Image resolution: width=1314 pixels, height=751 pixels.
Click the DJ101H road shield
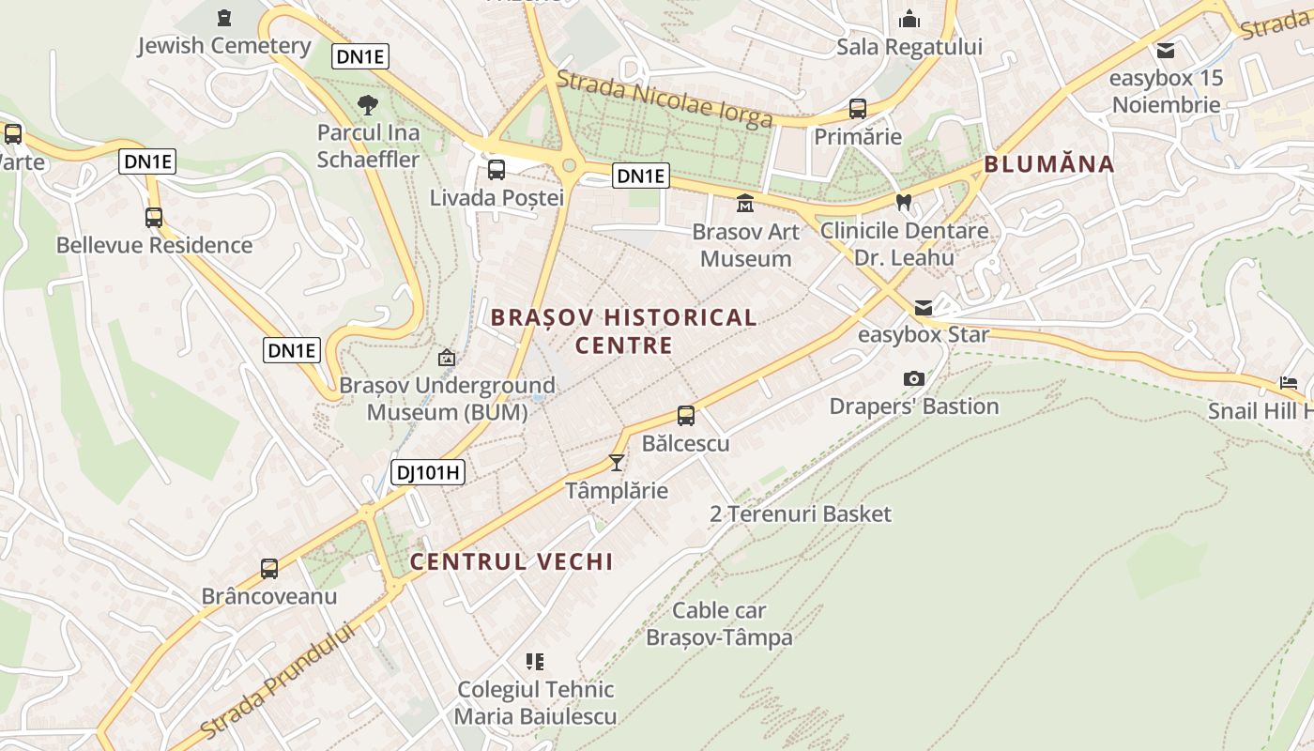point(427,472)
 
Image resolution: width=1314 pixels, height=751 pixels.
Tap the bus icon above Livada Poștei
point(497,170)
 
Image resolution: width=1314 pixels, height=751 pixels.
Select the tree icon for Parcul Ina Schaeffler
point(368,104)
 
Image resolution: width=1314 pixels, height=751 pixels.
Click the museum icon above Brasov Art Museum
point(745,203)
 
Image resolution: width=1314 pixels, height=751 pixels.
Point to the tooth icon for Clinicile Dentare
point(904,202)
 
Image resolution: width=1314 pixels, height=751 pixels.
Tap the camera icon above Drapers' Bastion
point(914,378)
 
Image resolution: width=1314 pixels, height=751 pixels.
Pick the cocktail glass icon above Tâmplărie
point(617,462)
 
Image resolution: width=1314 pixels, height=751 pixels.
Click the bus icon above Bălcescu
point(686,415)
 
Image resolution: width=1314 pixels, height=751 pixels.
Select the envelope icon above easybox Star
point(924,307)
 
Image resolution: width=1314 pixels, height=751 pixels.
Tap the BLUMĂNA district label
point(1048,165)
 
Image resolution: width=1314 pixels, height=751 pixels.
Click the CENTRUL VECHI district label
point(512,562)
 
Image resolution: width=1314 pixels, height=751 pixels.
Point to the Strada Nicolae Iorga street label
point(665,98)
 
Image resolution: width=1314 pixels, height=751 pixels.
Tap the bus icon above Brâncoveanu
point(269,568)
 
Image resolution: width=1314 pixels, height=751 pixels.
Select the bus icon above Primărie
point(858,108)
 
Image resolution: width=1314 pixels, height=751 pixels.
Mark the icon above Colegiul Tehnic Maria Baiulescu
point(535,662)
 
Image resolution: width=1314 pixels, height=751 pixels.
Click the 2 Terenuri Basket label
point(801,514)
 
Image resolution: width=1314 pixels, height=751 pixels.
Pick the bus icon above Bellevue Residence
point(154,218)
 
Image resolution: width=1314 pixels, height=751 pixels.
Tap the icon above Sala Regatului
point(909,19)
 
